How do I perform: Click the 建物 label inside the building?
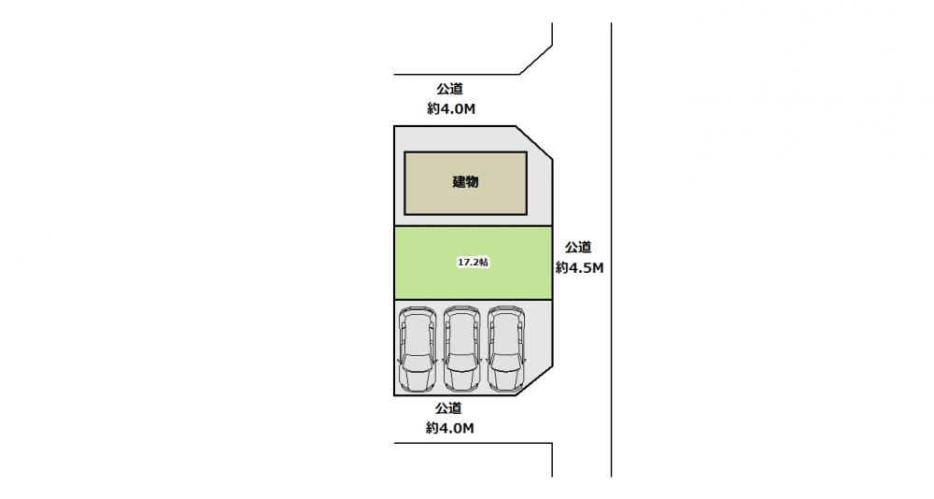(465, 182)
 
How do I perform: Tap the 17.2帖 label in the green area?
(473, 263)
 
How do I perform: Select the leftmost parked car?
(418, 349)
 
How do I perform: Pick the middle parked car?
(462, 349)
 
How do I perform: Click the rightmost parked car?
(506, 349)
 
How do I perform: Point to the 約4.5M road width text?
(580, 268)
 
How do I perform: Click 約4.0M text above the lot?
(451, 109)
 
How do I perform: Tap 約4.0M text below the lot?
(450, 428)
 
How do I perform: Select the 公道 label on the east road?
(578, 247)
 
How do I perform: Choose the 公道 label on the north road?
(450, 89)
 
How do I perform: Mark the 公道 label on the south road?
(448, 408)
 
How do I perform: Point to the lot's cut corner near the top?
(533, 142)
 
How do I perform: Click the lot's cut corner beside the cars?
(534, 381)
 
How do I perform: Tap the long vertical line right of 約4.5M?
(611, 249)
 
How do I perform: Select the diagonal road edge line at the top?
(536, 60)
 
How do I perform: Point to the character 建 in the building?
(459, 182)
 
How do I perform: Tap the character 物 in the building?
(473, 182)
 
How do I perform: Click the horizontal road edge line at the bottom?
(473, 443)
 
